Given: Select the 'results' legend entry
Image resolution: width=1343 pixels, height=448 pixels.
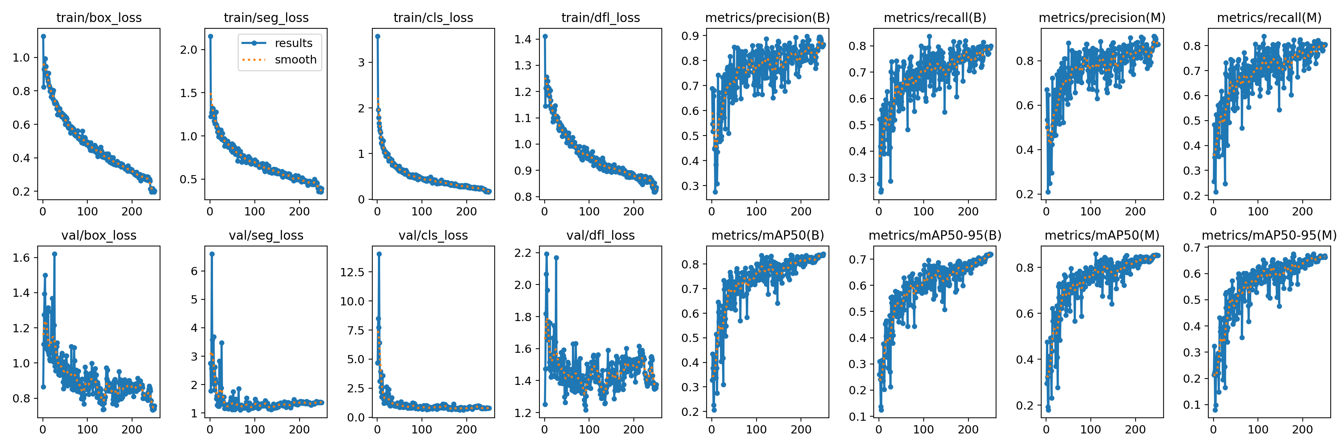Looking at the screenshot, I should (294, 43).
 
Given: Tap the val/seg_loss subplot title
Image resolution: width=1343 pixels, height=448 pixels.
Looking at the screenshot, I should (266, 236).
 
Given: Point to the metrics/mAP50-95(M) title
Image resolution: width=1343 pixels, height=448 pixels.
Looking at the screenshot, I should (1269, 236).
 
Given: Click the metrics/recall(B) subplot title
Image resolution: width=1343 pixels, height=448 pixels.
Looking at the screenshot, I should (935, 18).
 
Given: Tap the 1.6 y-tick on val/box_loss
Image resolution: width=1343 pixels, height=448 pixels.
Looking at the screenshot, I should (21, 258).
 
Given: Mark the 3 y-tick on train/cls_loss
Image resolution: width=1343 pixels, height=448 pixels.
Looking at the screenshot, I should (361, 63).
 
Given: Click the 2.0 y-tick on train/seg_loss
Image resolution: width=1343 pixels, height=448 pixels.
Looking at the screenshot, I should (189, 50).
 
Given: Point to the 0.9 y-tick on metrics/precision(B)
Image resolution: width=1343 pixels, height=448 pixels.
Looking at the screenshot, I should (690, 36).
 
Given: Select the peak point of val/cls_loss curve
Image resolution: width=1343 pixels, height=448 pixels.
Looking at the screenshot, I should (379, 254).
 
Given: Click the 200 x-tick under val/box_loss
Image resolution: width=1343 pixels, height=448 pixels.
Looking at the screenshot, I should (132, 429).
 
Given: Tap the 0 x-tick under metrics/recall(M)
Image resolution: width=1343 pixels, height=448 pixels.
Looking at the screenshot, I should (1213, 211).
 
